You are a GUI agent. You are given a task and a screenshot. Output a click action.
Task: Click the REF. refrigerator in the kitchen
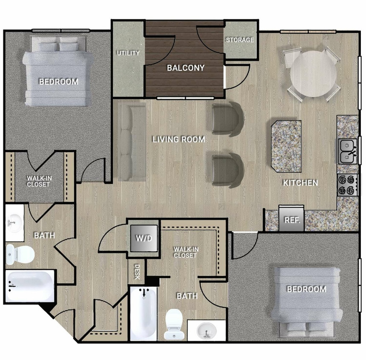292,220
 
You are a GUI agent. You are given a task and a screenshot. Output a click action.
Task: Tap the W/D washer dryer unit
144,238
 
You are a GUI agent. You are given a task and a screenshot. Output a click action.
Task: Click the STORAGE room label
239,40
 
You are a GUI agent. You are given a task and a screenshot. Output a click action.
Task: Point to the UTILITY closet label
128,53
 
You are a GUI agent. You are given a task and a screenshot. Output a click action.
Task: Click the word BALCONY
185,67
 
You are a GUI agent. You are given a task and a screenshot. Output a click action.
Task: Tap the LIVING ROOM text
179,139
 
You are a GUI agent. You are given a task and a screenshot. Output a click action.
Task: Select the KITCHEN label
300,183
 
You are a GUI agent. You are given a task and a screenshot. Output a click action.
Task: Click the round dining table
313,74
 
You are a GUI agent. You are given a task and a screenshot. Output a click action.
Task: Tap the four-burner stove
347,185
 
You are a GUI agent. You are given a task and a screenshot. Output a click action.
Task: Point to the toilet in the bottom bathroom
174,323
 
